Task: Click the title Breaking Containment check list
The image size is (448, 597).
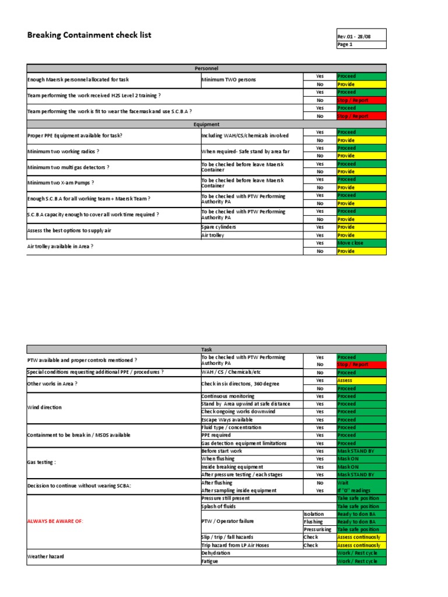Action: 89,35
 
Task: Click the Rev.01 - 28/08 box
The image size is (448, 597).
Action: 361,37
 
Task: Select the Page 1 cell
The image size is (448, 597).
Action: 361,45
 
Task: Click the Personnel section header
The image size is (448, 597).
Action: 206,69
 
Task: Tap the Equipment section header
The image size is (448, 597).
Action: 206,124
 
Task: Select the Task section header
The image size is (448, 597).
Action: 206,349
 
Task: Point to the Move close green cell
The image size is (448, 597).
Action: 360,243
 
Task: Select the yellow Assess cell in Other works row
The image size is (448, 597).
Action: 360,380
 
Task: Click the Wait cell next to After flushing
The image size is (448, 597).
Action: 360,483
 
